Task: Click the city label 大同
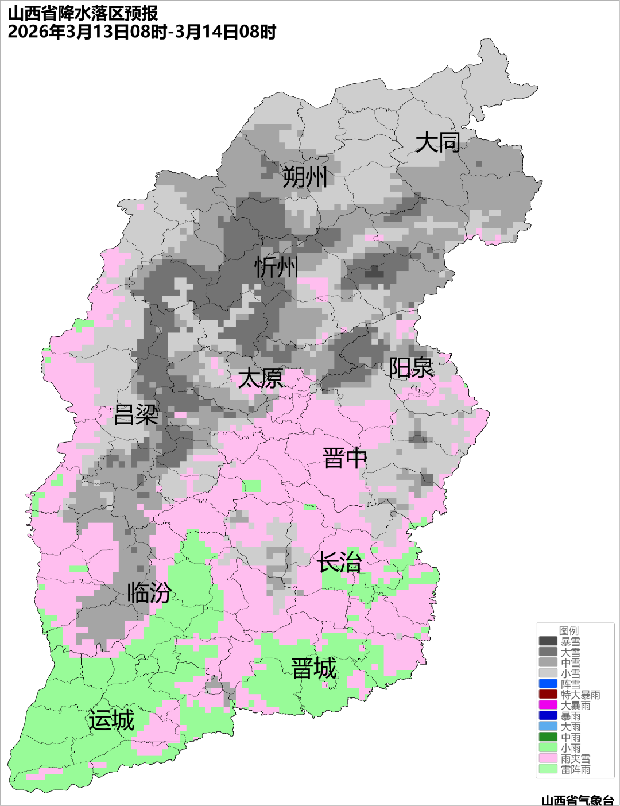tap(438, 142)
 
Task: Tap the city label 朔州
tap(305, 177)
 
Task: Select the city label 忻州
tap(277, 267)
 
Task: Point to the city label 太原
tap(261, 378)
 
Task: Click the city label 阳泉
tap(411, 368)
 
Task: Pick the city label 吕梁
tap(136, 414)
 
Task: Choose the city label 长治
tap(339, 561)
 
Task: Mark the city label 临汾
tap(149, 592)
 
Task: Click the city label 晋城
tap(314, 669)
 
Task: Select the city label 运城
tap(111, 720)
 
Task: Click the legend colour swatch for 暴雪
tap(548, 641)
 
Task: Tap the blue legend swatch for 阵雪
tap(548, 684)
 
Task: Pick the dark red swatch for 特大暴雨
tap(548, 695)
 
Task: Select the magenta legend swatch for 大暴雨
tap(548, 705)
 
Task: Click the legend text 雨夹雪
tap(575, 758)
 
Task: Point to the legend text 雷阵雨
tap(575, 769)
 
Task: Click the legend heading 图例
tap(568, 631)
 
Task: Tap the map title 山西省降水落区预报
tap(83, 13)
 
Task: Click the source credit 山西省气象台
tap(578, 800)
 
